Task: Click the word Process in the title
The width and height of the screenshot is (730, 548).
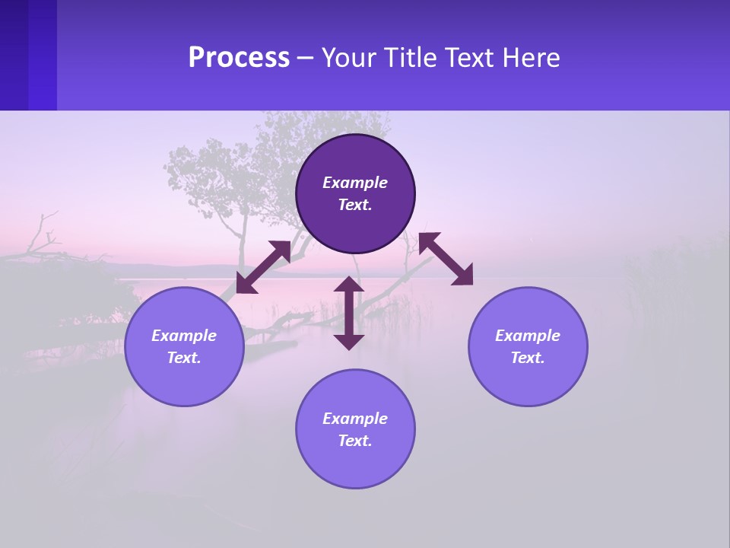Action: click(x=239, y=58)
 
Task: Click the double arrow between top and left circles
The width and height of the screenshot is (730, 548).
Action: click(x=263, y=267)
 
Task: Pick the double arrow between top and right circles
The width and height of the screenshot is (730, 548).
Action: click(x=446, y=259)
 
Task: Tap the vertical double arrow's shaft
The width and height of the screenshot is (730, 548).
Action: click(x=349, y=313)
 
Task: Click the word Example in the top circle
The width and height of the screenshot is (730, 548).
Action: click(x=355, y=183)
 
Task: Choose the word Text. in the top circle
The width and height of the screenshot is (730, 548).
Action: click(x=355, y=205)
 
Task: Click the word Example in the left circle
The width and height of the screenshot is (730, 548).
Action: click(x=184, y=336)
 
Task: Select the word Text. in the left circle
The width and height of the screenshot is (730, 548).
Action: click(x=184, y=358)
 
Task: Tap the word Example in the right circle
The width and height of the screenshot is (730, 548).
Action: click(x=528, y=336)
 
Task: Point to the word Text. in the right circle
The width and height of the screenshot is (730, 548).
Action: click(x=528, y=358)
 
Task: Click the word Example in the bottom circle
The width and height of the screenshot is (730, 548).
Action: click(x=355, y=419)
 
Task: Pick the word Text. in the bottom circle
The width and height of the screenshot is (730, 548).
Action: click(x=355, y=441)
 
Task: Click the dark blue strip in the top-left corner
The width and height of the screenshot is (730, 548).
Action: click(x=28, y=55)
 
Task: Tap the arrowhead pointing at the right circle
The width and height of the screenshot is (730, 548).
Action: click(x=463, y=276)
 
